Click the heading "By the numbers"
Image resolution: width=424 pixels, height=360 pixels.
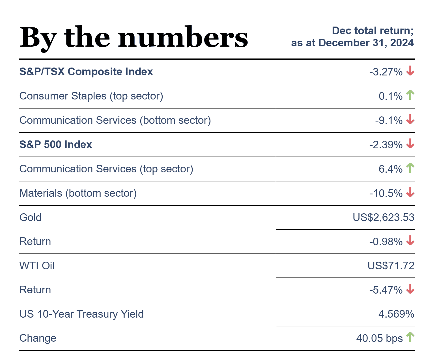(x=134, y=38)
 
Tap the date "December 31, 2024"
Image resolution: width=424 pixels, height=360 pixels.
(x=366, y=43)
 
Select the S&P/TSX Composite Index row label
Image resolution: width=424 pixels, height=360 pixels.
(x=86, y=72)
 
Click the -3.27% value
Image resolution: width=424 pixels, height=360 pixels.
(x=386, y=72)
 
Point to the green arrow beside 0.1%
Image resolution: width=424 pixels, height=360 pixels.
(x=410, y=95)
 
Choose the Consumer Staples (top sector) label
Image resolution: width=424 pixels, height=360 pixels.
(x=91, y=96)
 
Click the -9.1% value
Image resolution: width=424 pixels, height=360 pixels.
(x=389, y=121)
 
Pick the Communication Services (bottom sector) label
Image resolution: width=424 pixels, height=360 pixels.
(x=115, y=120)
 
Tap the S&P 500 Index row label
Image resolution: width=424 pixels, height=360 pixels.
(x=56, y=145)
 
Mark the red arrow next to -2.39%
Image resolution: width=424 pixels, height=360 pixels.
(x=410, y=144)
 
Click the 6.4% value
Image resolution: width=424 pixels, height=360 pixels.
(x=391, y=169)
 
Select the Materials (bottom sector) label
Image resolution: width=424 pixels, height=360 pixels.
(x=78, y=193)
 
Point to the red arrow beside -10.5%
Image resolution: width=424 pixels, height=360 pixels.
(x=410, y=193)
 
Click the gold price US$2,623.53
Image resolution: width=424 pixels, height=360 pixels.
(x=383, y=218)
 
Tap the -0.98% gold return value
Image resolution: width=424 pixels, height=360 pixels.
(x=386, y=242)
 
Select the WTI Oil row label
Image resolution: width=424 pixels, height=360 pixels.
(x=37, y=266)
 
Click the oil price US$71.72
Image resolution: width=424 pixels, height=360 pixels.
(x=391, y=266)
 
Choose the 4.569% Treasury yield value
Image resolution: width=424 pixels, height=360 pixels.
(x=396, y=314)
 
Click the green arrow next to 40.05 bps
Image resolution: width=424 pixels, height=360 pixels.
(x=410, y=337)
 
